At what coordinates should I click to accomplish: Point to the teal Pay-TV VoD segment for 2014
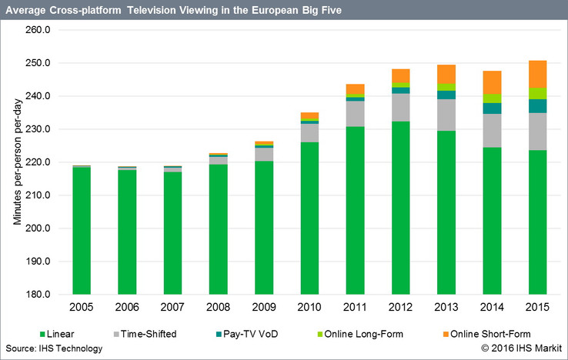click(492, 108)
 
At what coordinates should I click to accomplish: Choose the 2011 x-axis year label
click(355, 308)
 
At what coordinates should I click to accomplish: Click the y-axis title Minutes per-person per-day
click(16, 162)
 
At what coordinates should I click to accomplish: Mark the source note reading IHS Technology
click(52, 348)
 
